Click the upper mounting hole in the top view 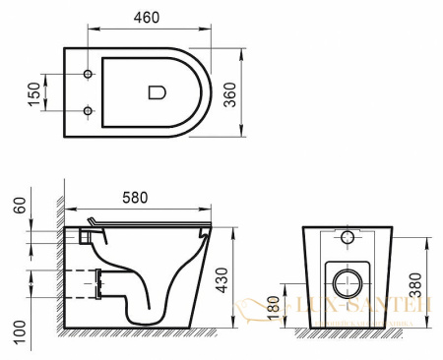[x=89, y=76]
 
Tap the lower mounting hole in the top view [x=89, y=109]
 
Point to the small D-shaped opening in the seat [x=157, y=92]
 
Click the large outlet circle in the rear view [x=348, y=283]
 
